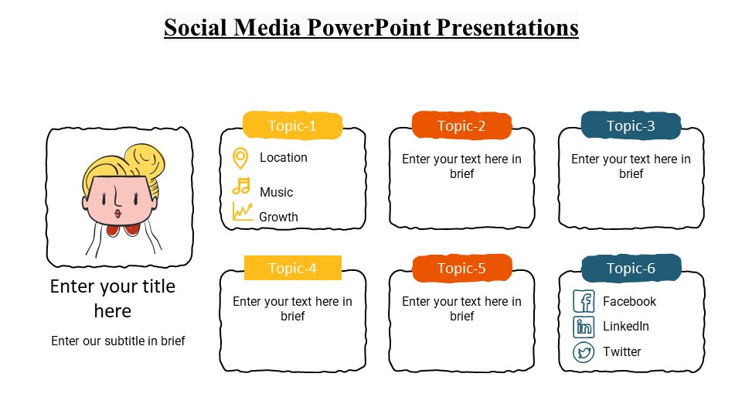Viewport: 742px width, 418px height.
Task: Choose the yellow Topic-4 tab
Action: (292, 269)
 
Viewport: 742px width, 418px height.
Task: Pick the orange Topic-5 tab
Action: (461, 269)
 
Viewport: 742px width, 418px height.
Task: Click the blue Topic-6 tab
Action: (631, 269)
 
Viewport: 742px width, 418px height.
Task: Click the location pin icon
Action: (240, 158)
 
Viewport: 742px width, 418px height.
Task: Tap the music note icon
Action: (242, 187)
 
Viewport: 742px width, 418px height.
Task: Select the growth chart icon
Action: (243, 211)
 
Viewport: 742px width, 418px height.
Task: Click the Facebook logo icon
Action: (584, 301)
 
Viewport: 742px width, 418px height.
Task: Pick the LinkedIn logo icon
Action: (584, 327)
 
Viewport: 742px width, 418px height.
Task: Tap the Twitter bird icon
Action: (584, 352)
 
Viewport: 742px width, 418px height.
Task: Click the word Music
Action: (276, 192)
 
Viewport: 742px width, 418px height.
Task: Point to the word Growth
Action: (278, 218)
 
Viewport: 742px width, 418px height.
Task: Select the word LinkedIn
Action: (626, 327)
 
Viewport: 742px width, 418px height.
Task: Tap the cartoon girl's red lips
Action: (117, 213)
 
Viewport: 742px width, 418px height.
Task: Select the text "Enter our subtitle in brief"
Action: (118, 341)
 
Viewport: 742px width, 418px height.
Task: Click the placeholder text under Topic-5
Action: (461, 309)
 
